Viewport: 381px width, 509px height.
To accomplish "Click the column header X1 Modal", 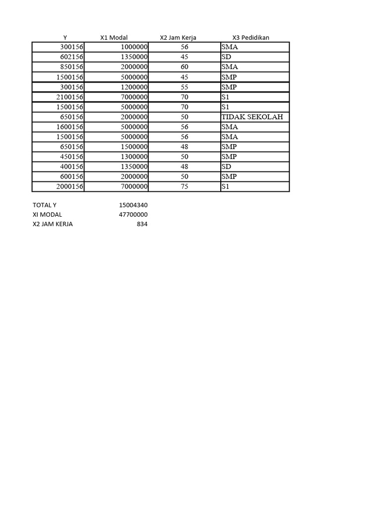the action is [x=114, y=38].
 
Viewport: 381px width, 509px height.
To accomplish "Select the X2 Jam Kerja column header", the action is [x=178, y=38].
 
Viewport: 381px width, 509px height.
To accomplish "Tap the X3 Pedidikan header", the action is [x=251, y=38].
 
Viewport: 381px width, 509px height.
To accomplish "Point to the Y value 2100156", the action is [x=69, y=97].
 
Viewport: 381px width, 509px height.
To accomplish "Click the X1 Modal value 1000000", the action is [x=134, y=47].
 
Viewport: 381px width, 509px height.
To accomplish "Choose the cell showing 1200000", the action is [x=134, y=87].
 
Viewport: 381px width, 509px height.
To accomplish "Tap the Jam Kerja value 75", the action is [x=185, y=186].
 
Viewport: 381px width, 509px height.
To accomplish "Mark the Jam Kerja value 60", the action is [x=185, y=67].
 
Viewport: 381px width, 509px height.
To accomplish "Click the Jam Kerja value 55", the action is [x=185, y=87].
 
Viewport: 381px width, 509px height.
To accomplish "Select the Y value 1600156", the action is [x=69, y=127].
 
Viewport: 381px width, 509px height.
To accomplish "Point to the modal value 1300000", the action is [x=134, y=157].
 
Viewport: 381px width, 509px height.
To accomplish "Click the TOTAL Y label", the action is [x=48, y=205].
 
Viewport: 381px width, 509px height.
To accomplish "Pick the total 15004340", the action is [x=133, y=205].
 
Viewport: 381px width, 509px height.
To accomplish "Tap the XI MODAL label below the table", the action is [x=48, y=214].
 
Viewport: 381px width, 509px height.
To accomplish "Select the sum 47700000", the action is [x=133, y=214].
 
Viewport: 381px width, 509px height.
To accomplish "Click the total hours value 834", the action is [x=142, y=224].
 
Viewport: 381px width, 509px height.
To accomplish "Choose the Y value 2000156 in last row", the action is [x=69, y=186].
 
